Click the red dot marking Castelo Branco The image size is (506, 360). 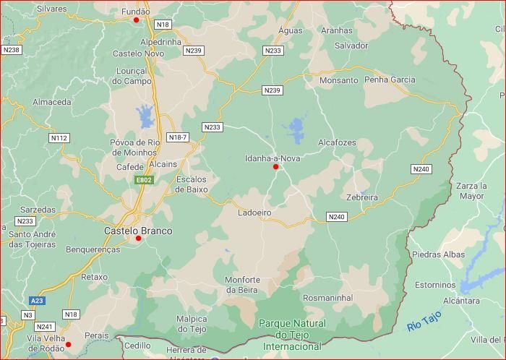click(138, 238)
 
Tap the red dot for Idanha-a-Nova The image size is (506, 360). click(275, 167)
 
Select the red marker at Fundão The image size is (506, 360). click(136, 20)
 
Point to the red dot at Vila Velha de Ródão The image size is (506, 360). click(69, 345)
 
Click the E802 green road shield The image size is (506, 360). click(144, 180)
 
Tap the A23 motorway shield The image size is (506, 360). click(38, 300)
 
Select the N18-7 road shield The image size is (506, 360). click(177, 137)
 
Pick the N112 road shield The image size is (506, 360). click(59, 137)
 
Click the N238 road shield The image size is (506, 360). click(11, 50)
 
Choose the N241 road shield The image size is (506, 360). click(44, 327)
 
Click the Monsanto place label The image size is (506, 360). click(338, 80)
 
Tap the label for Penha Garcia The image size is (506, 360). click(390, 80)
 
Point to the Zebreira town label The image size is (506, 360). click(362, 197)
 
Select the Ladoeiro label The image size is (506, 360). click(254, 213)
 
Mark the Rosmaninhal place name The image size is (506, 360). click(327, 298)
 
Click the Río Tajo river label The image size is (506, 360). click(424, 321)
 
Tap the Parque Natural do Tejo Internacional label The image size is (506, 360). click(292, 335)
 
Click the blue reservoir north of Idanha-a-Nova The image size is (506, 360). click(296, 130)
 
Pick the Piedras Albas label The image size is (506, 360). click(438, 254)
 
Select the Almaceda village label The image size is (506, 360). click(52, 102)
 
